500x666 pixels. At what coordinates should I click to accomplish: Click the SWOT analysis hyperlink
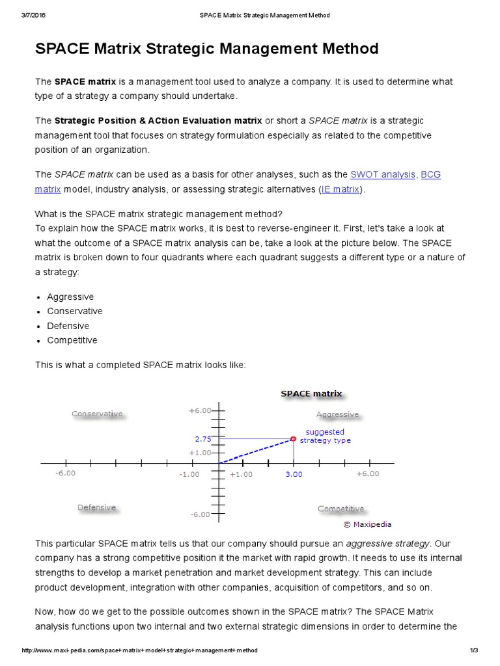click(382, 174)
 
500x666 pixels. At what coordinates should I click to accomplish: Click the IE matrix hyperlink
click(340, 189)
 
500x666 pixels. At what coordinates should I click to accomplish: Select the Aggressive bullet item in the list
click(70, 297)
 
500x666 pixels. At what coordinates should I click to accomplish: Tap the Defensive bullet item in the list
click(68, 326)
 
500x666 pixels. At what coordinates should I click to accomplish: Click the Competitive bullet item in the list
click(72, 340)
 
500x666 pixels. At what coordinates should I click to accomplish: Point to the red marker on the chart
click(293, 438)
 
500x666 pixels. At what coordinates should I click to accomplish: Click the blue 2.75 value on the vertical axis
click(202, 439)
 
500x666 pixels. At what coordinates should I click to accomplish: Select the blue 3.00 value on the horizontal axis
click(294, 474)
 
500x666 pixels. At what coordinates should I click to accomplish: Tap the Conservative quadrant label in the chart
click(97, 414)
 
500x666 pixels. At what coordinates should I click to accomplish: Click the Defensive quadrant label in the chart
click(96, 507)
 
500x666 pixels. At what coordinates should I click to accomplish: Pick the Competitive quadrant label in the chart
click(340, 509)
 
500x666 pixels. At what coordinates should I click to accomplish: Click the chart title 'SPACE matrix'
click(311, 393)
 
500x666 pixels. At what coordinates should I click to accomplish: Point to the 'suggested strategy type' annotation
click(325, 436)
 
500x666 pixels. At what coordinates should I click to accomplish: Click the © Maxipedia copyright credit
click(367, 524)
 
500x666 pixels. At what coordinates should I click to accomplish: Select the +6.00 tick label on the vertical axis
click(200, 410)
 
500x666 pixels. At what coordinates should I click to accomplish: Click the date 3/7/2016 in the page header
click(33, 15)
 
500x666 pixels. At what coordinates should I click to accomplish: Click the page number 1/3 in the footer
click(473, 650)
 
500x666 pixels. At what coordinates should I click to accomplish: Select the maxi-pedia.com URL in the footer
click(139, 650)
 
